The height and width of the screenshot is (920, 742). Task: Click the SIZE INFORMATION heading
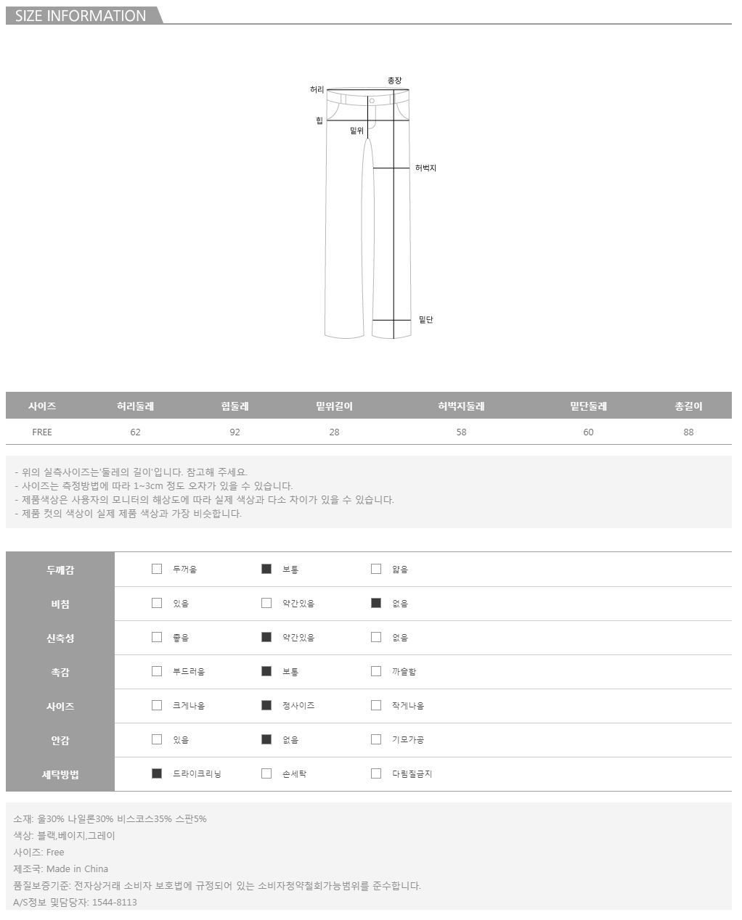(81, 16)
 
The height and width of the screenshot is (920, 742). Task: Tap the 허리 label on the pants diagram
(317, 89)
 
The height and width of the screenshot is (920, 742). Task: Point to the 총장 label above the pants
(394, 81)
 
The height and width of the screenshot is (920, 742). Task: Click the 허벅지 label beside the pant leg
(425, 168)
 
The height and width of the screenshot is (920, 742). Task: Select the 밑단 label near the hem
(425, 319)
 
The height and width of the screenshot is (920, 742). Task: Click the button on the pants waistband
(372, 101)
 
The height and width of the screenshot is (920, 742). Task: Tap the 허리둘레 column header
(135, 406)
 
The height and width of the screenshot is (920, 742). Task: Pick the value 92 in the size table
(235, 432)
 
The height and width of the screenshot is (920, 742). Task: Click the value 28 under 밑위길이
(334, 432)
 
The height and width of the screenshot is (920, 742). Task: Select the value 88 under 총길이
(688, 432)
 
